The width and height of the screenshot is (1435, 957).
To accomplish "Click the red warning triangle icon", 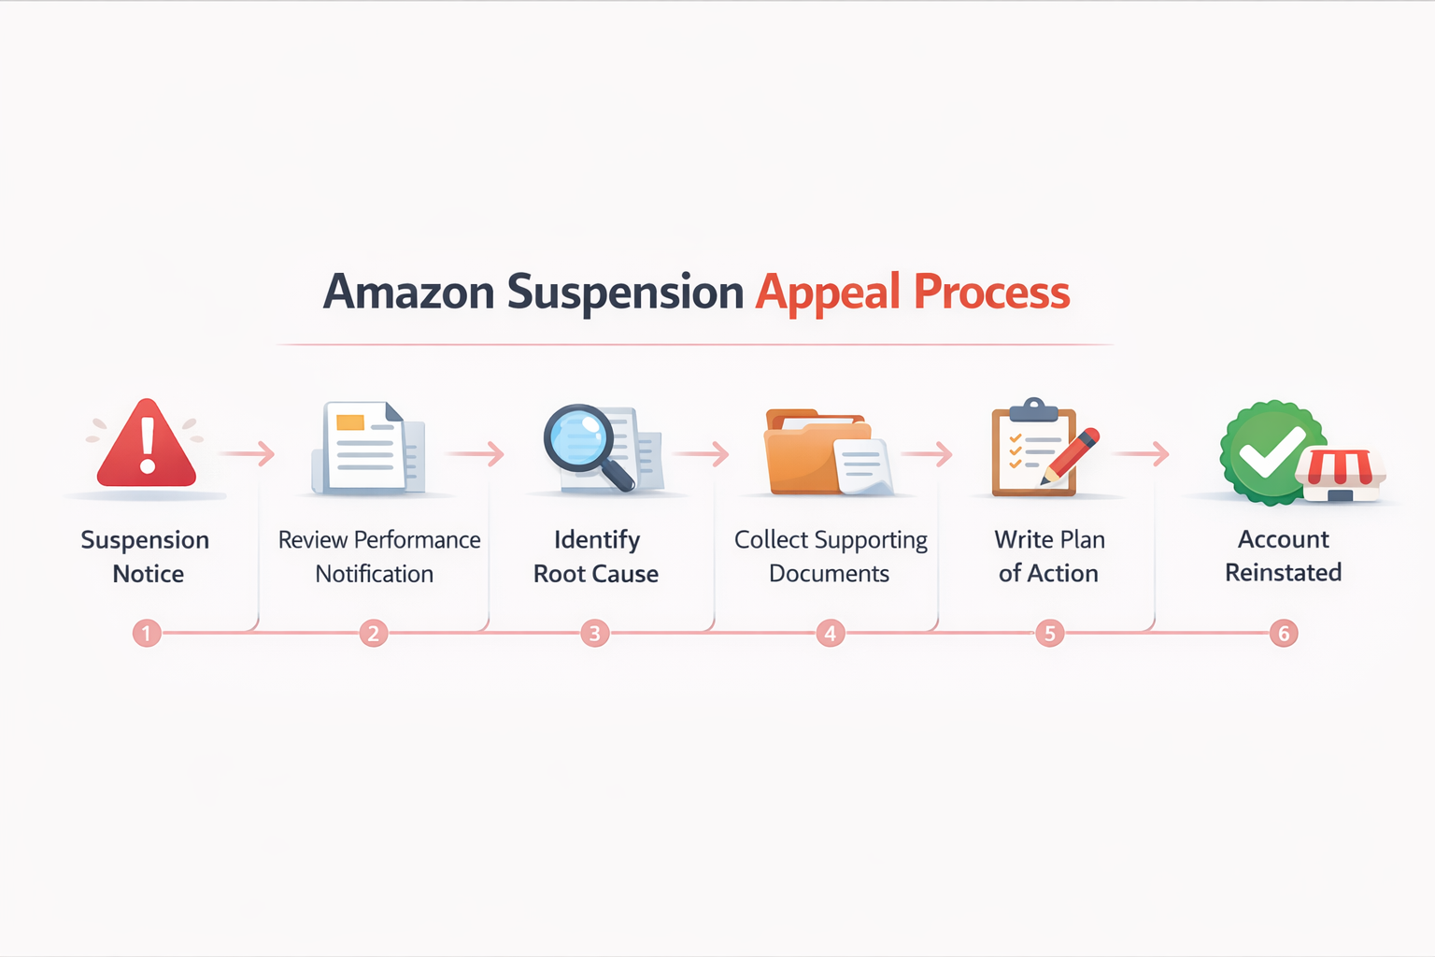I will coord(147,446).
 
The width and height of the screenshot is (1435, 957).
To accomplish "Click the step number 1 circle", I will coord(147,634).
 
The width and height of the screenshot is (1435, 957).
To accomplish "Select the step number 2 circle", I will coord(374,634).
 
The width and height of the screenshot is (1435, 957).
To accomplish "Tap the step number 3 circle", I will coord(594,634).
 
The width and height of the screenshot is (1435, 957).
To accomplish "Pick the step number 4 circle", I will coord(830,634).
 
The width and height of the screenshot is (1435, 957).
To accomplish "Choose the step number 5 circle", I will coord(1049,634).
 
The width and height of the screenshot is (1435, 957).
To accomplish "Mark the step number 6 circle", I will coord(1284,634).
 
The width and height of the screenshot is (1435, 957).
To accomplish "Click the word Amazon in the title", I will coord(408,292).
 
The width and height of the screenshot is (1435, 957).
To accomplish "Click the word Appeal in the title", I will coord(828,293).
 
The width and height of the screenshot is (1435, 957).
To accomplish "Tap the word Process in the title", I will coord(991,292).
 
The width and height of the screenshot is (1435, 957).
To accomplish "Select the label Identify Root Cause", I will coord(596,556).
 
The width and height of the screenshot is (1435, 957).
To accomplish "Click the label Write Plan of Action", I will coord(1049,556).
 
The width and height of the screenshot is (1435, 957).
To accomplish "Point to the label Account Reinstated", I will coord(1284,555).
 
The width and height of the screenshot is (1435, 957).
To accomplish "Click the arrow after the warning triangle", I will coord(249,454).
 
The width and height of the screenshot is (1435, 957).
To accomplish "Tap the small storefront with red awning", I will coord(1341,475).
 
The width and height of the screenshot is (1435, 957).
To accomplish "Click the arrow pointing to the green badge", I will coord(1142,454).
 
